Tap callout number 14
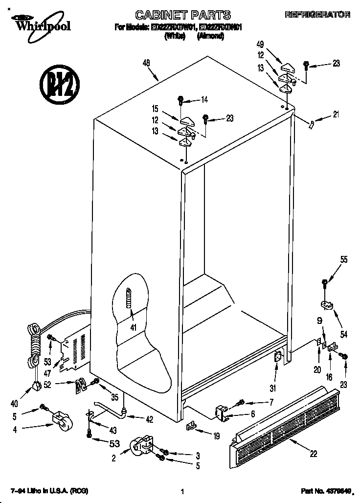pos(204,100)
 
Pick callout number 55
pos(344,260)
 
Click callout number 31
pos(273,389)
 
